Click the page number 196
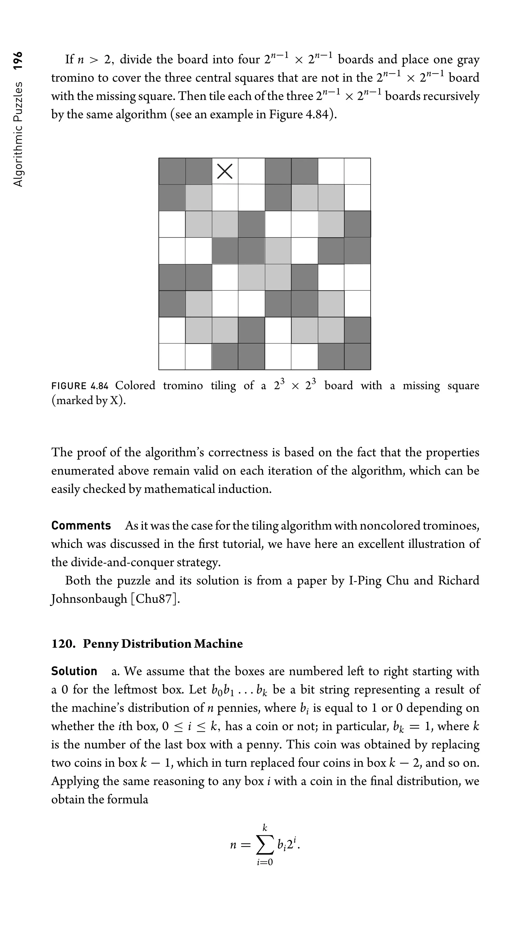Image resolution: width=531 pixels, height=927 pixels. pyautogui.click(x=18, y=61)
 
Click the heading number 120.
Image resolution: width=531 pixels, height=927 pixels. pyautogui.click(x=63, y=654)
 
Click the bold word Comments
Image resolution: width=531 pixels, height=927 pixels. pyautogui.click(x=81, y=526)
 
